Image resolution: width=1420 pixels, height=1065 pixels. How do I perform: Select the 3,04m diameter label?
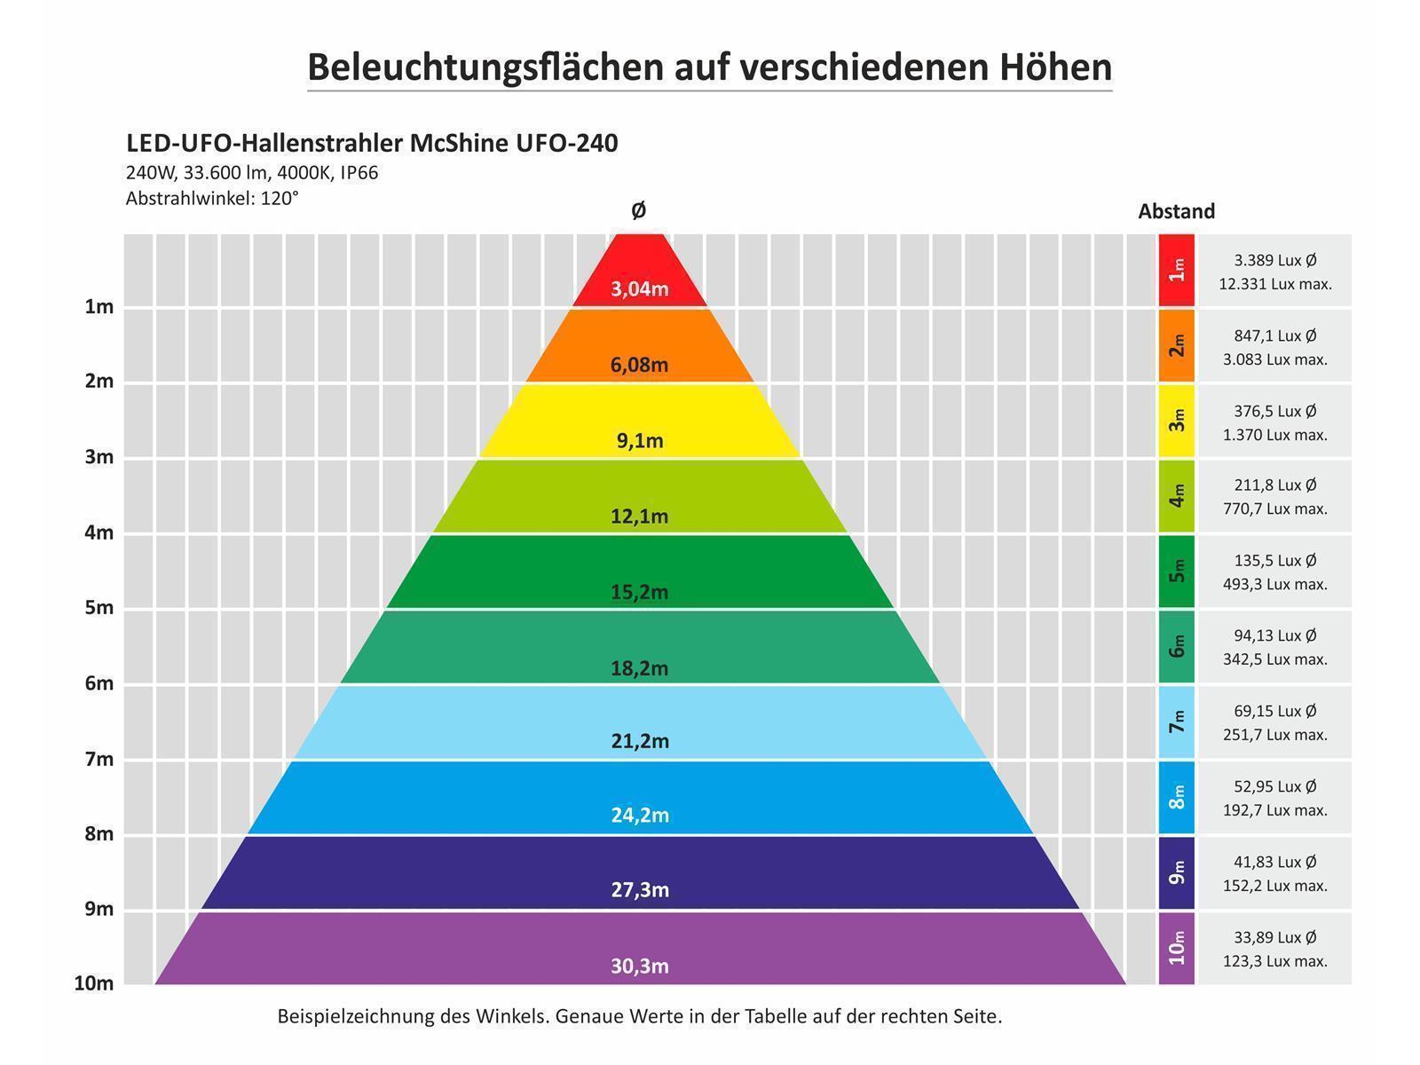pyautogui.click(x=639, y=289)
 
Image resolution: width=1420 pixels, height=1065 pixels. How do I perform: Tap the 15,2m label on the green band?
pyautogui.click(x=639, y=592)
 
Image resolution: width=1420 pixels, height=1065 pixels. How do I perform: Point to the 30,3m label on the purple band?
pyautogui.click(x=639, y=966)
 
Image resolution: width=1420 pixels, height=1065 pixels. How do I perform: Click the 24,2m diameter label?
pyautogui.click(x=639, y=815)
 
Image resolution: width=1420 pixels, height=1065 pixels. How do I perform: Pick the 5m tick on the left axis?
pyautogui.click(x=99, y=608)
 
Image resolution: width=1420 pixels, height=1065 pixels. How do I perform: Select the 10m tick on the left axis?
pyautogui.click(x=94, y=983)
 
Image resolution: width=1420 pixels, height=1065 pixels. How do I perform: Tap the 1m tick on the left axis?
pyautogui.click(x=99, y=307)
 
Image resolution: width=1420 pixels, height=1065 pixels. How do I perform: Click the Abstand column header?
pyautogui.click(x=1176, y=211)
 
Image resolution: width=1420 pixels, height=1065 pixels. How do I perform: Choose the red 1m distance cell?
pyautogui.click(x=1177, y=270)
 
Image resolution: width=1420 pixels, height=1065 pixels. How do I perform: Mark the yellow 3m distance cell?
pyautogui.click(x=1177, y=420)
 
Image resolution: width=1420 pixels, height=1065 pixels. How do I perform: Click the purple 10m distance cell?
pyautogui.click(x=1177, y=948)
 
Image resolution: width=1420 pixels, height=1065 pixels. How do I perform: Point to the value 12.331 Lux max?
pyautogui.click(x=1274, y=284)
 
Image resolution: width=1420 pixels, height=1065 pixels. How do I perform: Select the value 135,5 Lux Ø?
pyautogui.click(x=1274, y=560)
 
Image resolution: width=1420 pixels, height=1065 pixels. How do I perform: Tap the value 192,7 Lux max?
pyautogui.click(x=1274, y=810)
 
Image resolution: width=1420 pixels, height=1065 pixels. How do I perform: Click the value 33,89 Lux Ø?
pyautogui.click(x=1274, y=937)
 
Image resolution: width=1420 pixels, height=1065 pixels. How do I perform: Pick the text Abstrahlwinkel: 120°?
pyautogui.click(x=212, y=198)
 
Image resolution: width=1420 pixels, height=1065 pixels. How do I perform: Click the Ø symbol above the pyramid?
pyautogui.click(x=638, y=210)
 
